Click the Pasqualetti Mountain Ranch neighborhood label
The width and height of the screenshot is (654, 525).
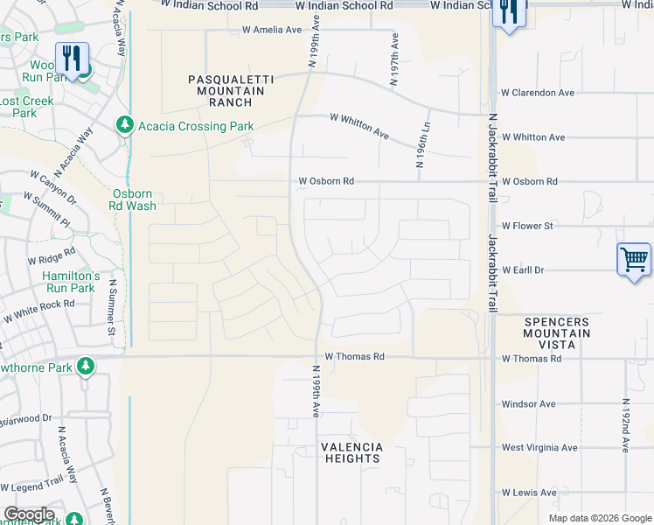click(x=231, y=90)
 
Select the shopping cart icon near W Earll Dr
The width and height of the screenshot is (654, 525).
click(x=634, y=259)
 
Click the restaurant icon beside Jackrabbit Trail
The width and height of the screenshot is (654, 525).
click(x=508, y=12)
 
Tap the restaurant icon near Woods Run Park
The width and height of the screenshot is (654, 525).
click(x=72, y=59)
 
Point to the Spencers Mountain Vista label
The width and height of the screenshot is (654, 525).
click(x=556, y=333)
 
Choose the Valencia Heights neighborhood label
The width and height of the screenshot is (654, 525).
click(x=351, y=452)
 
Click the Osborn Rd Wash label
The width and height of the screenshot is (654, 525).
click(x=134, y=199)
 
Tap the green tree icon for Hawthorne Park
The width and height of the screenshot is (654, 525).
click(x=86, y=366)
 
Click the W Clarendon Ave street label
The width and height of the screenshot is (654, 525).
click(x=537, y=93)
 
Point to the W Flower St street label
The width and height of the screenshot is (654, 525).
click(x=527, y=226)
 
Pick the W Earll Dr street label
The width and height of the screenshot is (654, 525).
click(x=523, y=270)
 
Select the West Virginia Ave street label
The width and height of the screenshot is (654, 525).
click(x=539, y=448)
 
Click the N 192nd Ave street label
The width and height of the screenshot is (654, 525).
click(x=625, y=426)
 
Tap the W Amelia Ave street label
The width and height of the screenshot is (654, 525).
click(x=271, y=30)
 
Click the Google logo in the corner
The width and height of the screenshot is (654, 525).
click(x=28, y=514)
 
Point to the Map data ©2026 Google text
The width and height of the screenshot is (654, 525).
click(x=599, y=518)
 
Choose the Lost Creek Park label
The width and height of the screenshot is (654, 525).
click(x=26, y=107)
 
